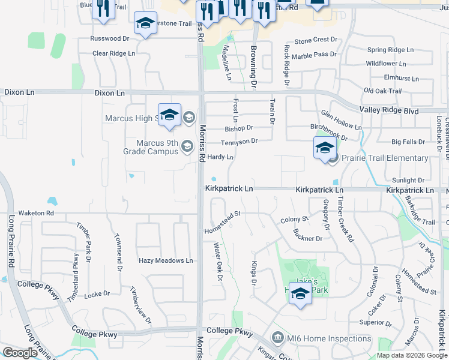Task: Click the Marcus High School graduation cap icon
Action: [x=169, y=115]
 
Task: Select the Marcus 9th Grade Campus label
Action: [x=157, y=147]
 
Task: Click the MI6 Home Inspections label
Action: [x=329, y=338]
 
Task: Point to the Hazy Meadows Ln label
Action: [x=166, y=260]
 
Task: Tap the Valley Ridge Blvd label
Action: [x=388, y=110]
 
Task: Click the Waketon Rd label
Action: [x=36, y=213]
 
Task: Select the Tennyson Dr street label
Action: [x=239, y=142]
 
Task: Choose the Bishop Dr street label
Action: [x=239, y=128]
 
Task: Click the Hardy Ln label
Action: [x=220, y=157]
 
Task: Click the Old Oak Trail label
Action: [x=382, y=91]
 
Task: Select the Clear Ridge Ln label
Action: [x=113, y=53]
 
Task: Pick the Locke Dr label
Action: [x=97, y=294]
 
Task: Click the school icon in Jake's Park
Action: [x=301, y=293]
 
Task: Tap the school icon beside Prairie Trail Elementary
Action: [x=324, y=149]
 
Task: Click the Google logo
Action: [x=20, y=353]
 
